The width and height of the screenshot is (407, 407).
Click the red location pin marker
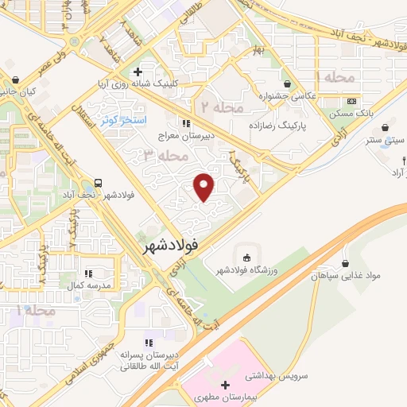205,187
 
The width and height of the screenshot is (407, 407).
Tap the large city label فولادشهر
171,247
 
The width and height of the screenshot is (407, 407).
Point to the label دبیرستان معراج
186,135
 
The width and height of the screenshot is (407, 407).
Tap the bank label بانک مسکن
352,114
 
